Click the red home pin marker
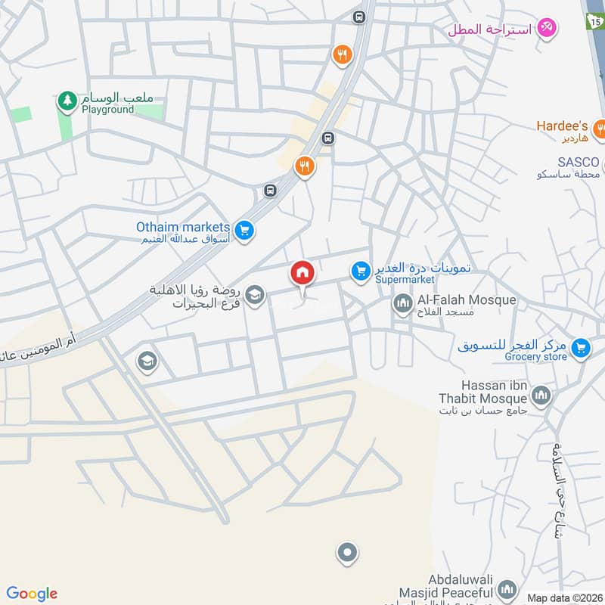(302, 274)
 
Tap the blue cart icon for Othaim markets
(243, 230)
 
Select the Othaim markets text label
(182, 227)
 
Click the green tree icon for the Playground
(67, 100)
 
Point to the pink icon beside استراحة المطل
(547, 28)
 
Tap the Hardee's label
(562, 126)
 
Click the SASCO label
(579, 163)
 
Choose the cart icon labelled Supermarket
(360, 270)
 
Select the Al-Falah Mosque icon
(402, 304)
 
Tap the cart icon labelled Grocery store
(581, 346)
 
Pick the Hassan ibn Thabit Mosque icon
(541, 395)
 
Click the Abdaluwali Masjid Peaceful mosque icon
(507, 588)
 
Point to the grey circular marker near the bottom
(347, 553)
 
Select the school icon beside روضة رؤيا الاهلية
(256, 295)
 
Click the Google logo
(32, 594)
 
